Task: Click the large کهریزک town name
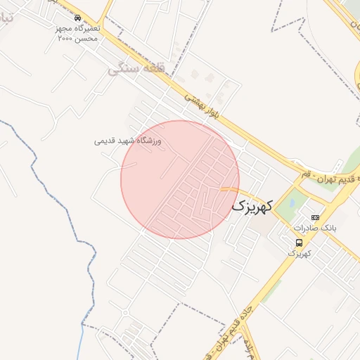coord(250,207)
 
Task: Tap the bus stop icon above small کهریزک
coord(300,243)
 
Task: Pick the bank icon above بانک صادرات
coord(315,217)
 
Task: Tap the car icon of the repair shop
coord(77,18)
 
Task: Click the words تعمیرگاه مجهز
coord(79,28)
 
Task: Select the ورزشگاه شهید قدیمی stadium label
coord(128,141)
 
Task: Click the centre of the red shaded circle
coord(180,179)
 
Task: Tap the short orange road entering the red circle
coord(228,189)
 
